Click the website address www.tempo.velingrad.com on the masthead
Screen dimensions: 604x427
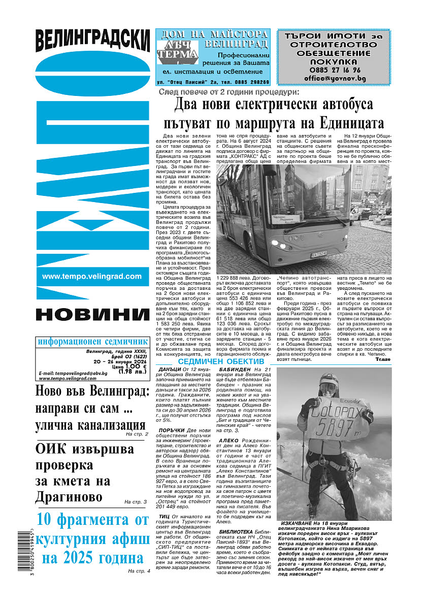(92, 277)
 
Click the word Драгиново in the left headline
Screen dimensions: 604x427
(69, 496)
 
